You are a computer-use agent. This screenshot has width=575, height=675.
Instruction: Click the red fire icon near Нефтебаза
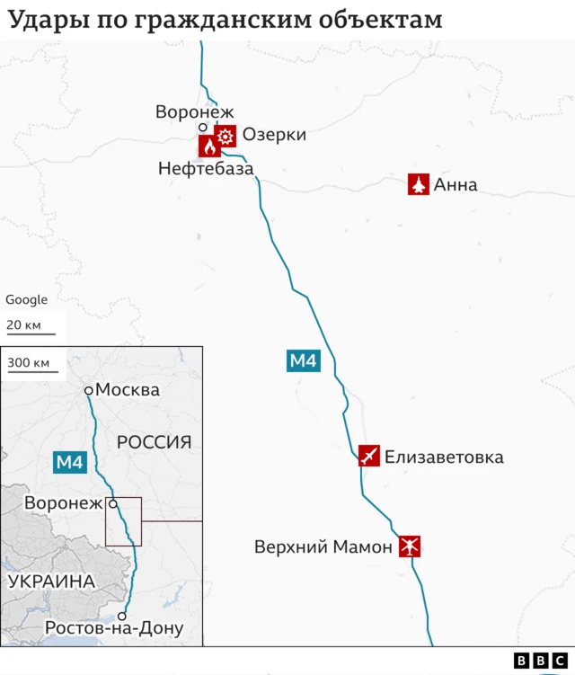pyautogui.click(x=208, y=146)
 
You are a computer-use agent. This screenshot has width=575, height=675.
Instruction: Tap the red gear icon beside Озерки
pyautogui.click(x=226, y=136)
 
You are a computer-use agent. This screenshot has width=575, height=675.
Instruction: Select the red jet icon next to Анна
pyautogui.click(x=418, y=185)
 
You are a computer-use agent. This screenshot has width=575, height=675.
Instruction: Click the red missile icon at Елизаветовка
pyautogui.click(x=368, y=456)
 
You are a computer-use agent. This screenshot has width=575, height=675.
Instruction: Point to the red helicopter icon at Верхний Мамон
pyautogui.click(x=410, y=546)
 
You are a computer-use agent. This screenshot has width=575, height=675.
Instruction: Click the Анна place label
pyautogui.click(x=456, y=186)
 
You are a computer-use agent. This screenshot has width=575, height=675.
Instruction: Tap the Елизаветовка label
pyautogui.click(x=444, y=457)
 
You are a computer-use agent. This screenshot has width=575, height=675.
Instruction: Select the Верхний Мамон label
pyautogui.click(x=323, y=546)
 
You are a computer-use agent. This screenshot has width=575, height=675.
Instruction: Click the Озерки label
pyautogui.click(x=274, y=135)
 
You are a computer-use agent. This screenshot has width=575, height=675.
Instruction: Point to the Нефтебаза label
pyautogui.click(x=206, y=168)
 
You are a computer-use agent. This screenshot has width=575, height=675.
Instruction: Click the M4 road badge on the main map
pyautogui.click(x=303, y=361)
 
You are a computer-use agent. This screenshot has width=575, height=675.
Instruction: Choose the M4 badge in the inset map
pyautogui.click(x=69, y=463)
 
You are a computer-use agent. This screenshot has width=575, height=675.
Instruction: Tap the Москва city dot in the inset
pyautogui.click(x=89, y=390)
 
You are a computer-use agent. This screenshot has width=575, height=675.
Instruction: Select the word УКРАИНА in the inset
pyautogui.click(x=51, y=582)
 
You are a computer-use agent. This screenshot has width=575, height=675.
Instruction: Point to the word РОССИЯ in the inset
pyautogui.click(x=154, y=441)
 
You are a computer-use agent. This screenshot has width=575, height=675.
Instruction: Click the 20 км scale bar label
pyautogui.click(x=23, y=324)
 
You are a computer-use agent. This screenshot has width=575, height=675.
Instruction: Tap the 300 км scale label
pyautogui.click(x=29, y=363)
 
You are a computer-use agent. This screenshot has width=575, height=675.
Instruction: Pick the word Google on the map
pyautogui.click(x=27, y=300)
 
